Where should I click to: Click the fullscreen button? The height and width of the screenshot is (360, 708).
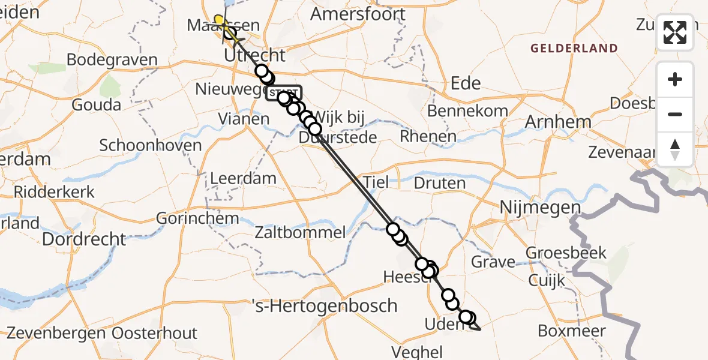pyautogui.click(x=675, y=32)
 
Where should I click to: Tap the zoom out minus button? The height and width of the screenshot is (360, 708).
pyautogui.click(x=675, y=114)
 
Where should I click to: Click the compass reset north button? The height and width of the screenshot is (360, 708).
pyautogui.click(x=675, y=149)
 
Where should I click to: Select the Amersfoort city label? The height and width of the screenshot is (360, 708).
pyautogui.click(x=358, y=13)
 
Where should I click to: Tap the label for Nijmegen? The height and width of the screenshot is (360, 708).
pyautogui.click(x=541, y=209)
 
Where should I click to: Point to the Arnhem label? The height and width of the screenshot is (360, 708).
pyautogui.click(x=558, y=122)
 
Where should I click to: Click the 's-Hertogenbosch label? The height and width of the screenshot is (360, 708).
pyautogui.click(x=331, y=305)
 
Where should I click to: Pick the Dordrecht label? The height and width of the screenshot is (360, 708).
pyautogui.click(x=85, y=239)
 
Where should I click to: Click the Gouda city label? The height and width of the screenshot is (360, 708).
pyautogui.click(x=96, y=105)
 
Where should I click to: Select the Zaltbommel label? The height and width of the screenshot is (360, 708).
pyautogui.click(x=300, y=233)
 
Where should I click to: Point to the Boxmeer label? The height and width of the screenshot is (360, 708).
pyautogui.click(x=572, y=331)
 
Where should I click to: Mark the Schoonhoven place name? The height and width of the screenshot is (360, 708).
pyautogui.click(x=150, y=146)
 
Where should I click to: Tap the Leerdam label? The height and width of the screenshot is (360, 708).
pyautogui.click(x=243, y=178)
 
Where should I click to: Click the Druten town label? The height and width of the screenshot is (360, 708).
pyautogui.click(x=439, y=183)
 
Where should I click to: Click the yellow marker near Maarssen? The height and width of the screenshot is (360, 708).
pyautogui.click(x=221, y=22)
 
